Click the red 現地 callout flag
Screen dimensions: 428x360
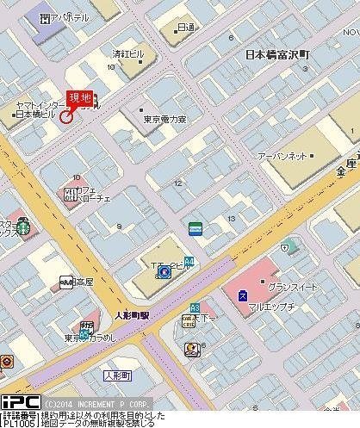tap(81, 99)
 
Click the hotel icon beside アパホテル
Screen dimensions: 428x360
tap(44, 17)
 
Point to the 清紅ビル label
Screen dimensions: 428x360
tap(126, 53)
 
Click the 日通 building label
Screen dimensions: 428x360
tap(185, 28)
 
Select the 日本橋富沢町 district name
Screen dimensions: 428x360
tap(282, 53)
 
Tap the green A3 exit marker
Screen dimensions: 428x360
tap(195, 307)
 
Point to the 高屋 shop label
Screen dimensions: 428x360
tap(83, 282)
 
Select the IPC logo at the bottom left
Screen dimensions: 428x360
tap(19, 402)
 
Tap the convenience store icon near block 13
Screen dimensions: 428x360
tap(196, 228)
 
